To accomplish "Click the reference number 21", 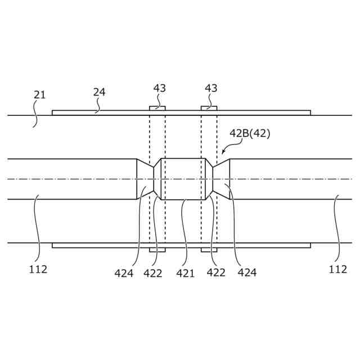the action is [x=39, y=95].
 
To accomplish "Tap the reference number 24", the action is [x=99, y=92].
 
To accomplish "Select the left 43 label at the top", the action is [x=160, y=88].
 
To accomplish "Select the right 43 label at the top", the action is [x=211, y=88].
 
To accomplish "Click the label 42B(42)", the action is [x=250, y=133].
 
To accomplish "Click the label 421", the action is [x=185, y=273].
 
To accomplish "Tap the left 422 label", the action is [x=153, y=273].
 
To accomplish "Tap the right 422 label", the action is [x=216, y=272].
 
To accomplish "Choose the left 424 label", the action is [x=124, y=273].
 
